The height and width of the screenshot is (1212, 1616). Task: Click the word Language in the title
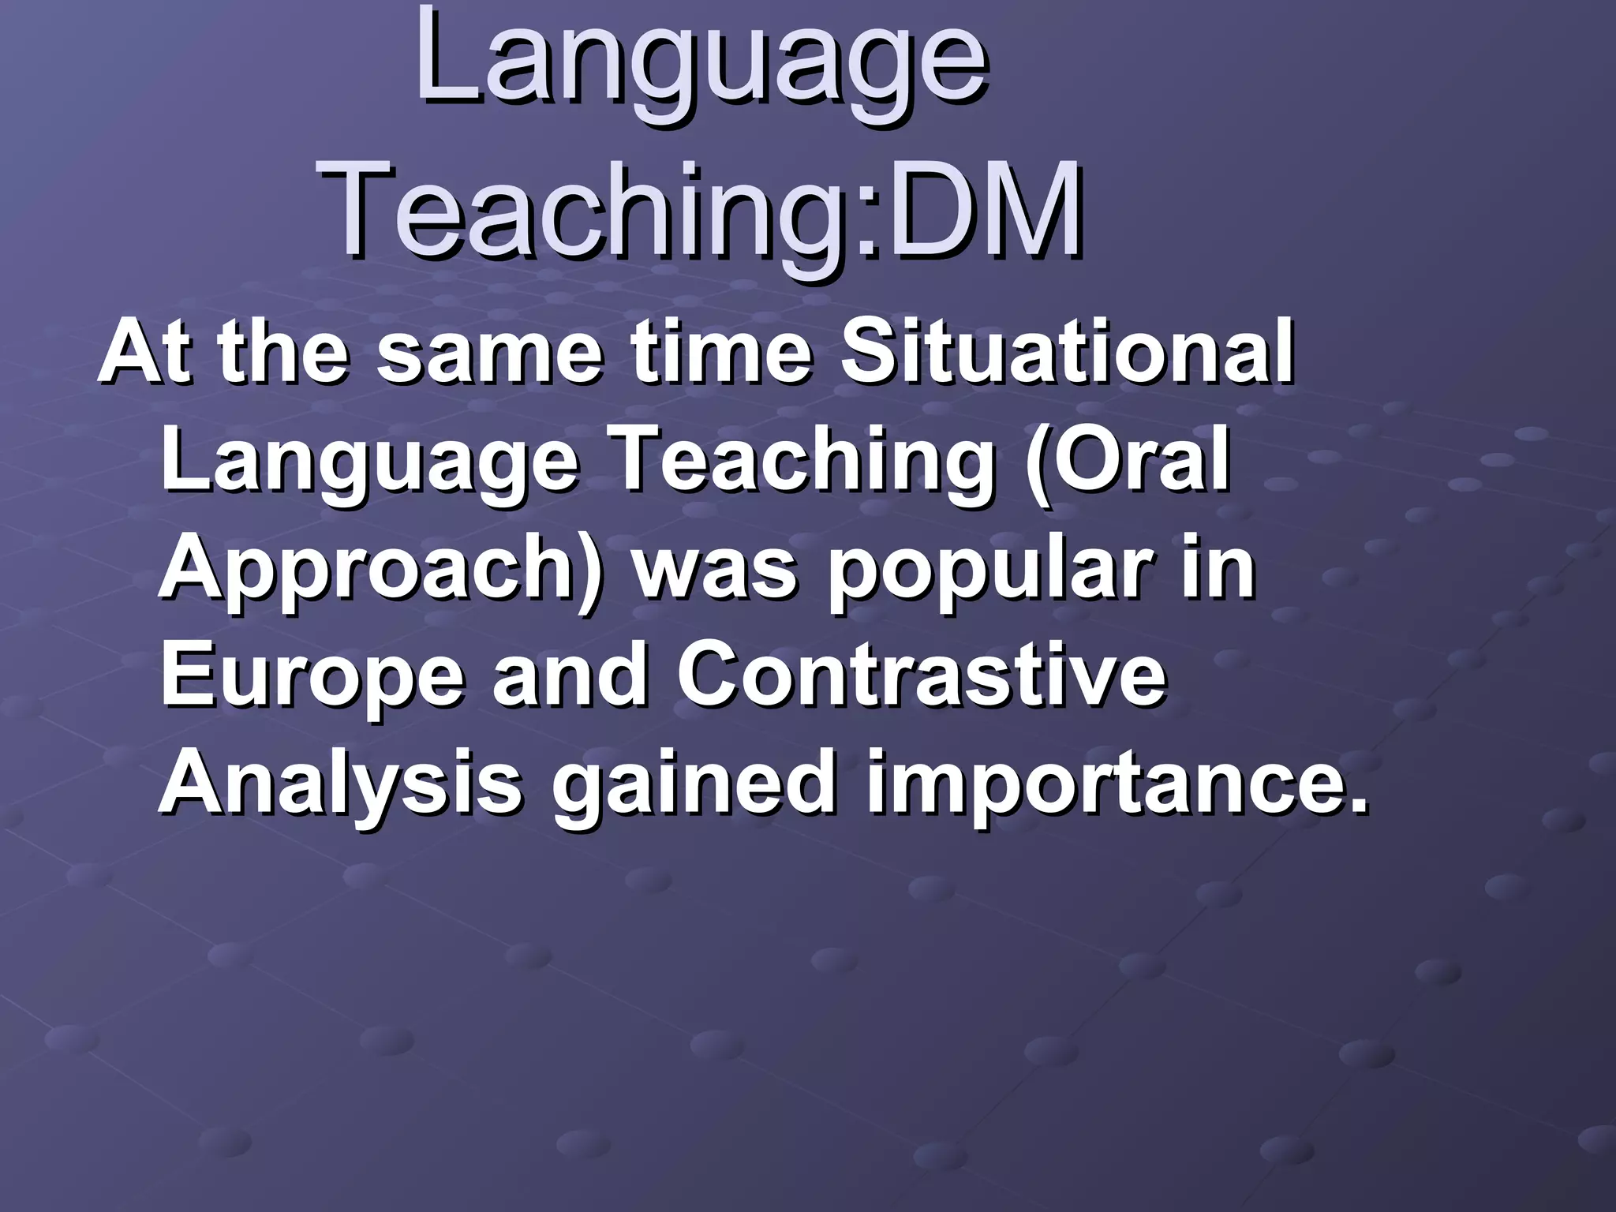pos(701,63)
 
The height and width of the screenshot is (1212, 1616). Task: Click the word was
pos(714,570)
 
